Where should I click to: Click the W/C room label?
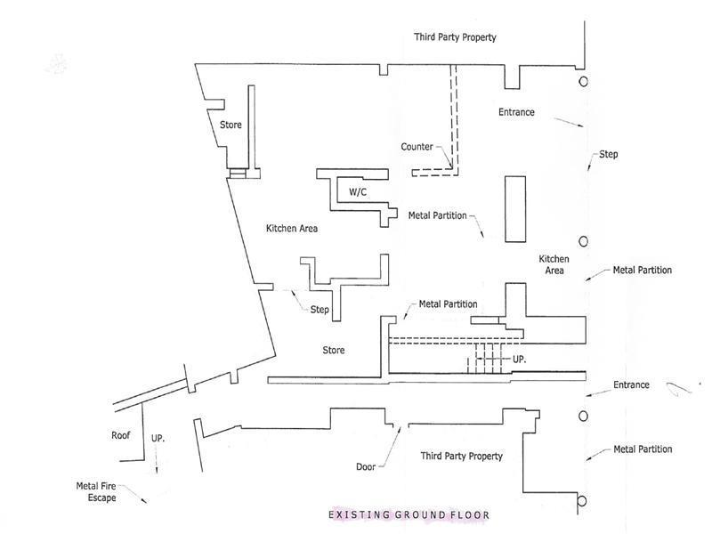pos(358,192)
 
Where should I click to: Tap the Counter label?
pos(417,147)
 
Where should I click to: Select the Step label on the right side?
pos(608,155)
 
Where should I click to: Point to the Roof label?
pos(121,436)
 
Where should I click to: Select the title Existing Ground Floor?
pos(409,515)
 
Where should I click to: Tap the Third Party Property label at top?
pos(455,37)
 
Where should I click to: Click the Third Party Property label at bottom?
pos(461,456)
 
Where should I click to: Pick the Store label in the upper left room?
pos(231,125)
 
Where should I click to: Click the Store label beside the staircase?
pos(334,351)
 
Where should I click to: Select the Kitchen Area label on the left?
pos(292,229)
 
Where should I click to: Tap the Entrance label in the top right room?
pos(516,112)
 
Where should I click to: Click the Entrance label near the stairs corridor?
pos(632,385)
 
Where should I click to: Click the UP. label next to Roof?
pos(158,440)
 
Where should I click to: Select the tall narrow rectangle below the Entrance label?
pos(515,209)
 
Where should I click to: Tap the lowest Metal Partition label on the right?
pos(643,449)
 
